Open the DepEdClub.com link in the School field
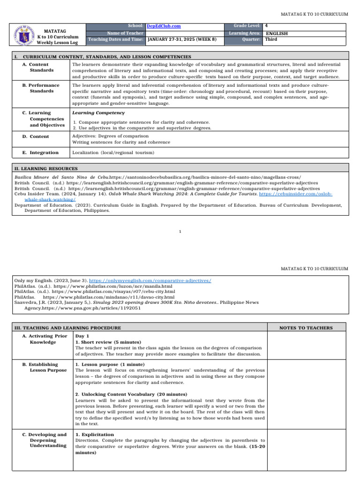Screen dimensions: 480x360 click(x=164, y=26)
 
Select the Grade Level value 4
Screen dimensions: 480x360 click(x=266, y=26)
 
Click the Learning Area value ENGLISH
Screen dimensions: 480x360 click(x=277, y=33)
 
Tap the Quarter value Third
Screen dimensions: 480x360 click(x=271, y=40)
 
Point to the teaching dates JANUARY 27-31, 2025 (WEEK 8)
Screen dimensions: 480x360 click(x=182, y=40)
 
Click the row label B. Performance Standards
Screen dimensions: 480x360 click(x=41, y=88)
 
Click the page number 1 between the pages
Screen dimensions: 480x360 click(x=180, y=231)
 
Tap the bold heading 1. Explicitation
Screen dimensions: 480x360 click(x=94, y=435)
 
